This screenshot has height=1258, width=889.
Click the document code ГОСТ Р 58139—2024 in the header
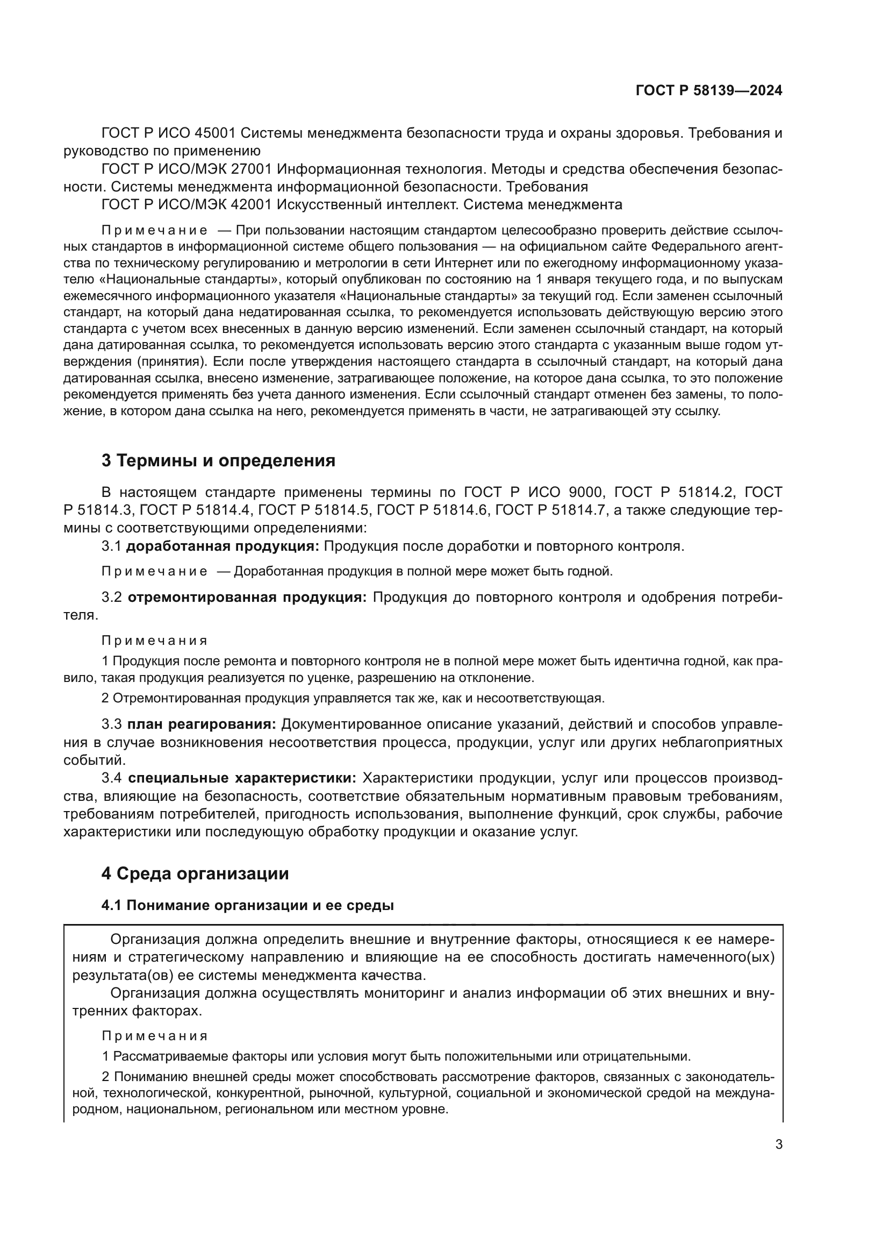tap(708, 91)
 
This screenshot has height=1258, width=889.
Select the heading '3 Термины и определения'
tap(218, 461)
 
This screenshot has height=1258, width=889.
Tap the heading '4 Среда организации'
tap(195, 873)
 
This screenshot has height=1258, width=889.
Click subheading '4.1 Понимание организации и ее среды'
tap(247, 905)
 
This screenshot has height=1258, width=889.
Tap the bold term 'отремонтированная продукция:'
tap(247, 597)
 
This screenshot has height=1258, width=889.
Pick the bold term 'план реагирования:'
tap(202, 724)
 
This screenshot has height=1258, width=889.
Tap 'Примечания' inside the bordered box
tap(155, 1035)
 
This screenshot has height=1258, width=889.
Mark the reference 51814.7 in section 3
tap(578, 510)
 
